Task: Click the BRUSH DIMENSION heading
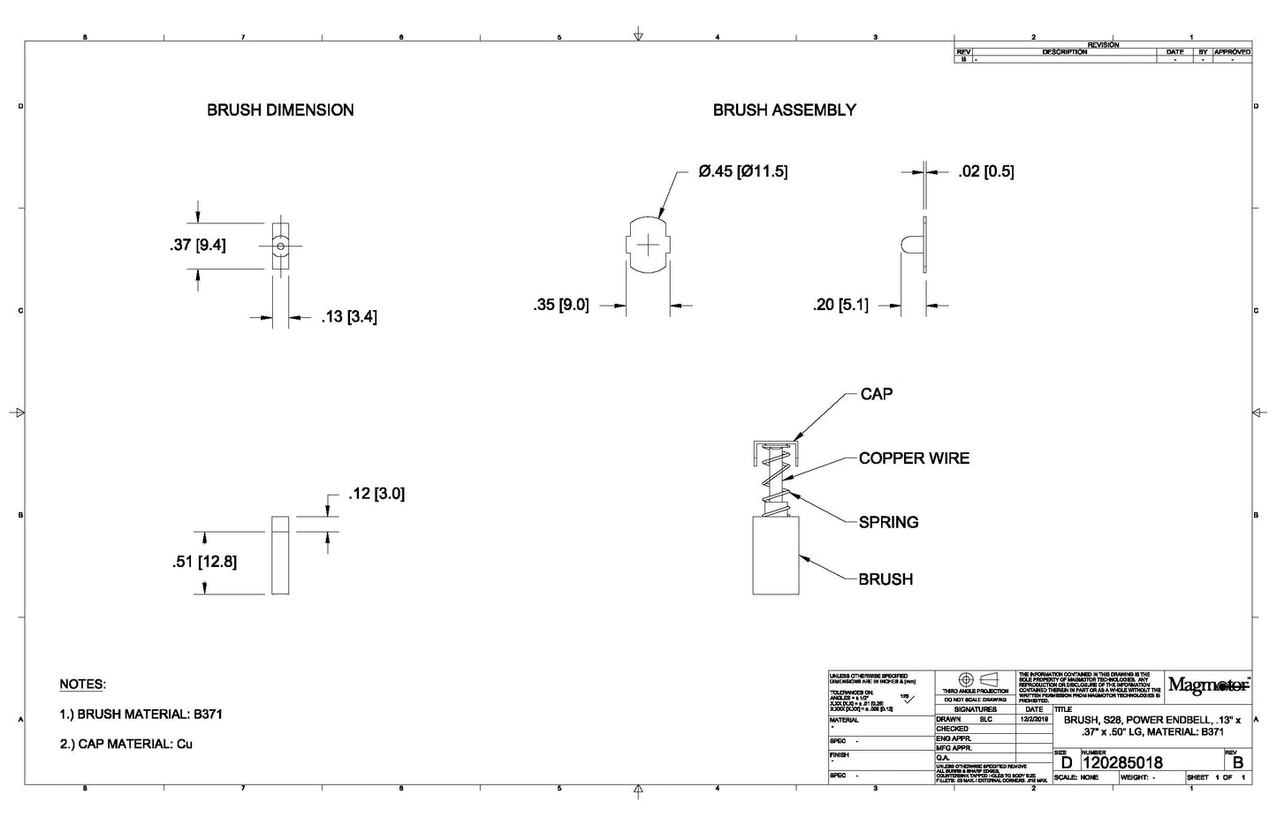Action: coord(280,110)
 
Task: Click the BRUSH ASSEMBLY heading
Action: coord(784,110)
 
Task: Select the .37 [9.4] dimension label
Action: coord(198,245)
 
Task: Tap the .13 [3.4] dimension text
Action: coord(348,316)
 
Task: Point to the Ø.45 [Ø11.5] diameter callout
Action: coord(742,171)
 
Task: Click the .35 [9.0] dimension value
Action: coord(560,306)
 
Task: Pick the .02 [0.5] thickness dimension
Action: coord(985,171)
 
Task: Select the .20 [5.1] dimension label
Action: coord(840,306)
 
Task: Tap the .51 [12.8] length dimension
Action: coord(204,562)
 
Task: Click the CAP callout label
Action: coord(876,394)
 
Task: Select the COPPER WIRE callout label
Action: coord(914,458)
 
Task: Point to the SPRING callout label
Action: coord(888,522)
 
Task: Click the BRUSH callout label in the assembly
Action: coord(886,579)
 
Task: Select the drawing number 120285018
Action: coord(1122,762)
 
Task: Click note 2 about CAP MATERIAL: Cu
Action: coord(125,744)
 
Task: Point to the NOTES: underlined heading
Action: coord(82,685)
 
